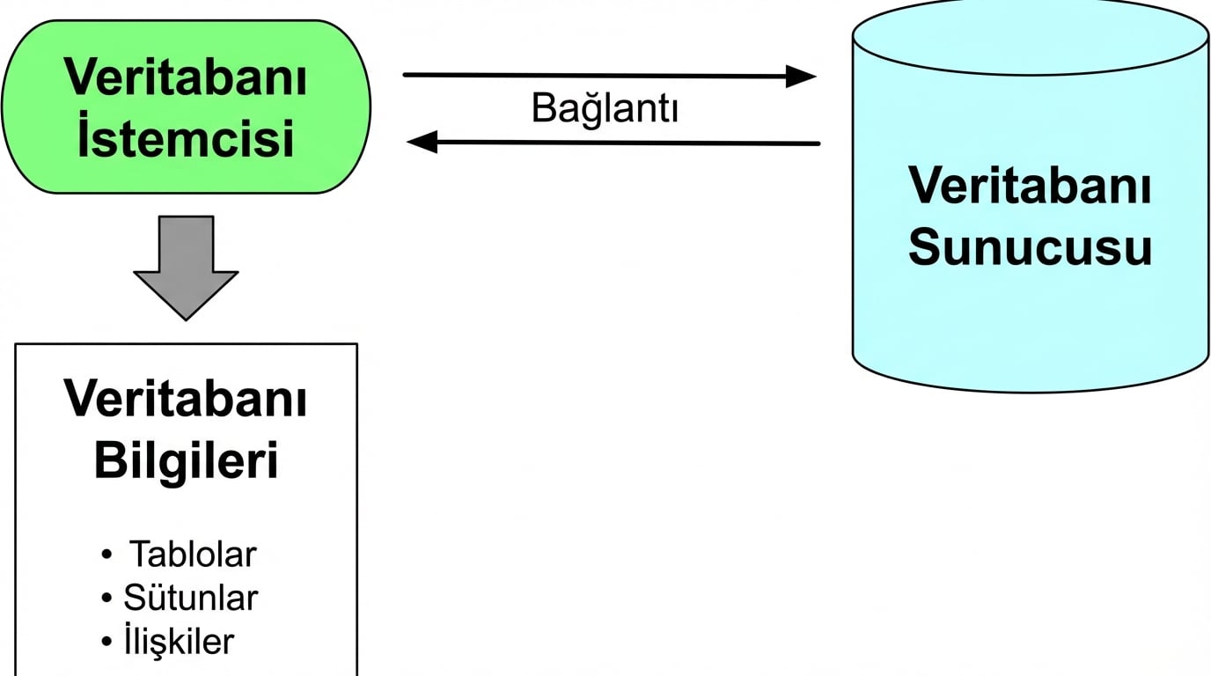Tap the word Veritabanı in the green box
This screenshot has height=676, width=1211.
click(x=186, y=79)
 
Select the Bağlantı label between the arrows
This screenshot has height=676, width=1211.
click(x=605, y=109)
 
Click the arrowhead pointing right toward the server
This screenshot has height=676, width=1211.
click(x=801, y=77)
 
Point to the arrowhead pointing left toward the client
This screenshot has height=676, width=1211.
click(x=422, y=141)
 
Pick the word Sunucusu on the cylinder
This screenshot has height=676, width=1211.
click(x=1030, y=248)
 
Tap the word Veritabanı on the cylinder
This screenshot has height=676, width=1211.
click(x=1030, y=186)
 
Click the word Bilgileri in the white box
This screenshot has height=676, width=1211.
click(x=186, y=461)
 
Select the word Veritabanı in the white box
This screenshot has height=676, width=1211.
click(x=186, y=400)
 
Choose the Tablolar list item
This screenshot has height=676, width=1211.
click(x=193, y=555)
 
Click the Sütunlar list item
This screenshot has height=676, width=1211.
click(x=191, y=598)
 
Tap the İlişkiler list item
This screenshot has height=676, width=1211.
click(x=180, y=641)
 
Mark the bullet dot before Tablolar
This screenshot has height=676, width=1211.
click(x=107, y=555)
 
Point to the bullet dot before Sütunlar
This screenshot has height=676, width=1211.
click(x=107, y=599)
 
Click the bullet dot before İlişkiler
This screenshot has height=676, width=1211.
click(x=107, y=642)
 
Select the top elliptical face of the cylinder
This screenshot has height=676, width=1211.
click(x=1030, y=40)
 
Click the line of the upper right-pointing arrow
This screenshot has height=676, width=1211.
click(x=598, y=76)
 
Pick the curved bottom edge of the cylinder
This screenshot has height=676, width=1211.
click(x=1030, y=391)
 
